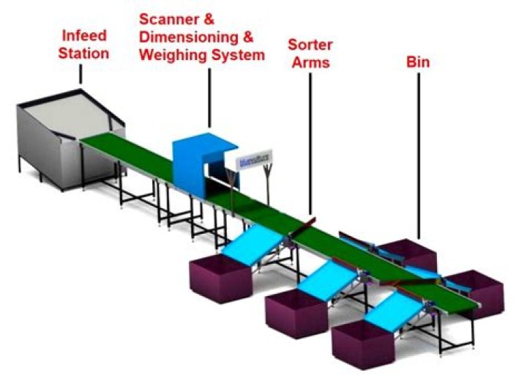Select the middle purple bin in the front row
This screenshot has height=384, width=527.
click(x=296, y=311)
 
